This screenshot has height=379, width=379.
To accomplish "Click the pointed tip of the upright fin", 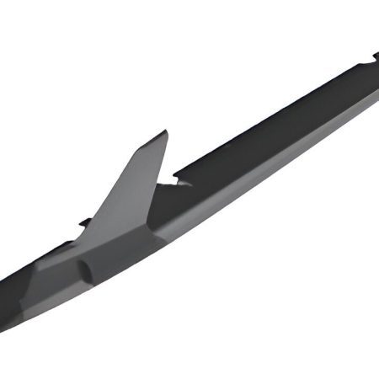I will pyautogui.click(x=165, y=133).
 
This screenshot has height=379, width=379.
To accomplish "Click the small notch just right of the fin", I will pyautogui.click(x=178, y=180).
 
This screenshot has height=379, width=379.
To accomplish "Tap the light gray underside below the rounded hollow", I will pyautogui.click(x=93, y=291).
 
